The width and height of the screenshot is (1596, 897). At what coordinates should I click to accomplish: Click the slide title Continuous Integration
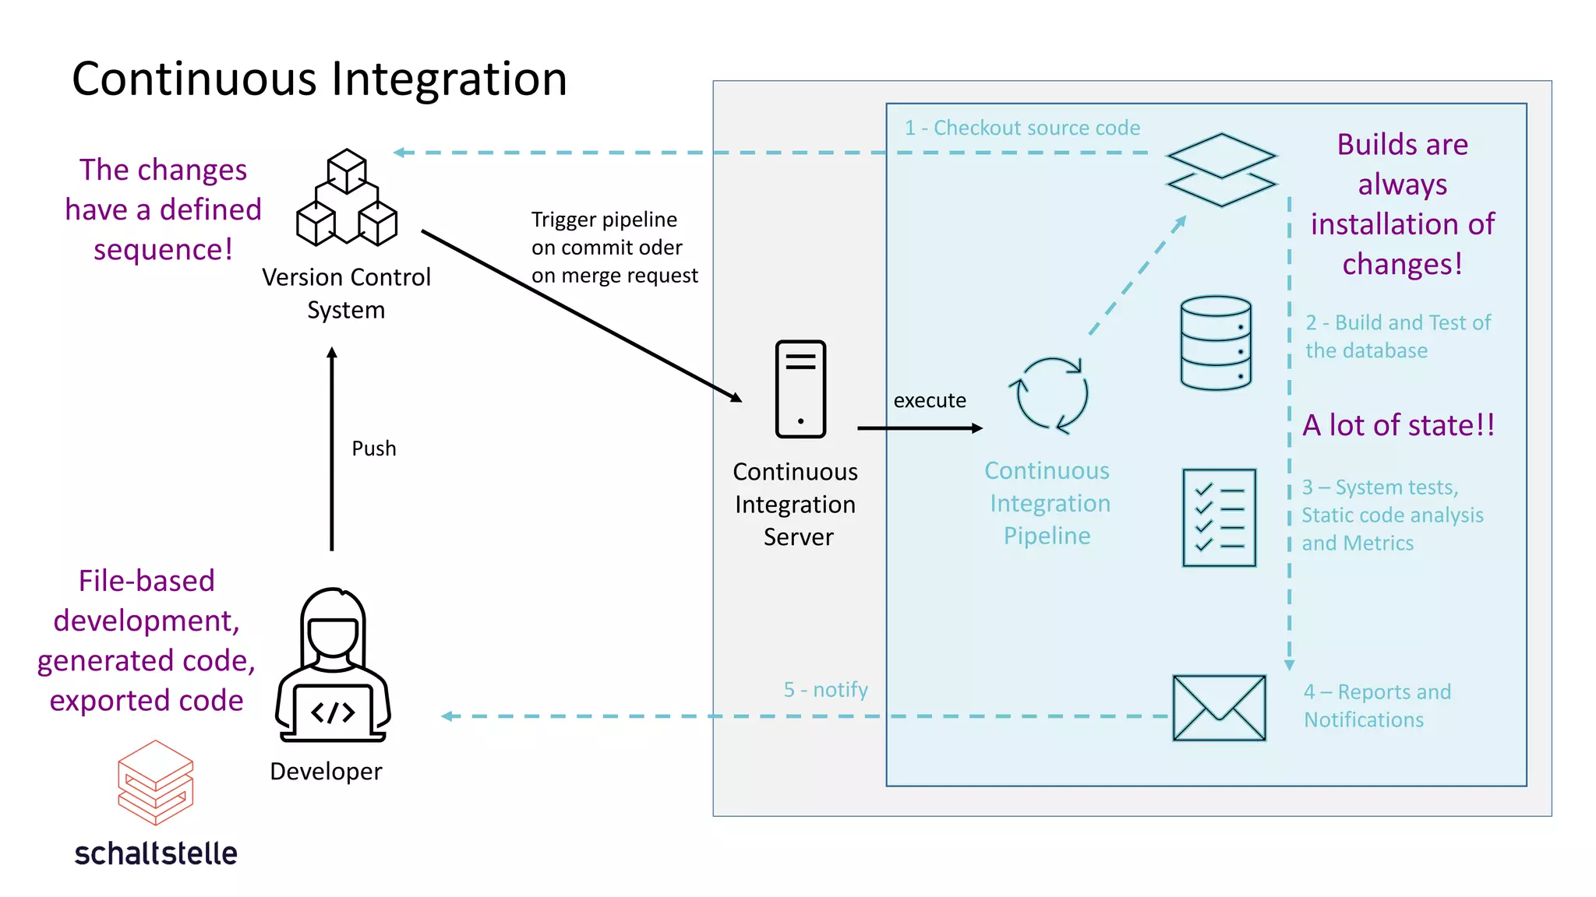point(320,79)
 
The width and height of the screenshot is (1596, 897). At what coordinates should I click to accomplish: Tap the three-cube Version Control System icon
point(347,198)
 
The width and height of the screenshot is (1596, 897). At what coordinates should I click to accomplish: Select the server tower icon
point(800,389)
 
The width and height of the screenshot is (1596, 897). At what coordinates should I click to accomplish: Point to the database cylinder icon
point(1216,343)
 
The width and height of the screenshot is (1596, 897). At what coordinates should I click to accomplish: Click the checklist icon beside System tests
point(1219,517)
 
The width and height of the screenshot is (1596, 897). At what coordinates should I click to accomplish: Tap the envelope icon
point(1219,708)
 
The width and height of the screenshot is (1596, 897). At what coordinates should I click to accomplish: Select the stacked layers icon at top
point(1221,170)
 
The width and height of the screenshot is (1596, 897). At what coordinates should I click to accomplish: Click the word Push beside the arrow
point(374,448)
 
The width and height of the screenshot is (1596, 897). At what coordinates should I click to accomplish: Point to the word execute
point(930,400)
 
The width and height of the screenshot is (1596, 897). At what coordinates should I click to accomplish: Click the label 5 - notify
point(825,690)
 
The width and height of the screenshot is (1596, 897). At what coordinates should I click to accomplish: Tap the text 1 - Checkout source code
point(1022,128)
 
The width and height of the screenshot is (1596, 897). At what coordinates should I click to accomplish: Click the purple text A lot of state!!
point(1399,425)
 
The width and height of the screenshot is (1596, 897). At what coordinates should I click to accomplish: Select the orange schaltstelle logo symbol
point(156,783)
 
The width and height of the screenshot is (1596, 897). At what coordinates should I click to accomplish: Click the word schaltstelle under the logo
point(156,853)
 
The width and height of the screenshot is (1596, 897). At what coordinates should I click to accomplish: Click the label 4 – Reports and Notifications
point(1377,705)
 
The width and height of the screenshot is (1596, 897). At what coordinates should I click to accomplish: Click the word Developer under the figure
point(326,771)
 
